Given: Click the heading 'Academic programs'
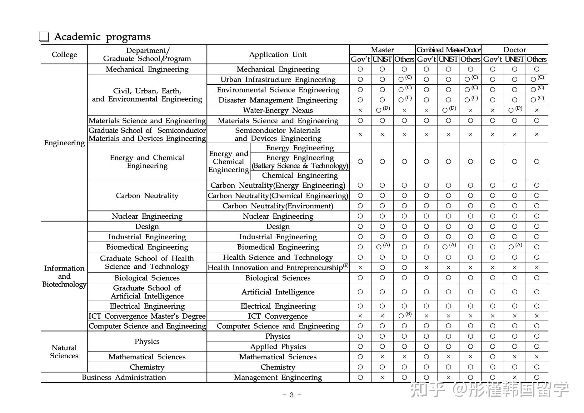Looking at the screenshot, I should click(102, 37).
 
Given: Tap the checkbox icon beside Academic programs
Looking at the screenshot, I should click(44, 37).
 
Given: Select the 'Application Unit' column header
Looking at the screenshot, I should click(278, 55).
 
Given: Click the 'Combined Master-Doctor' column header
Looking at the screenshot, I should click(448, 50).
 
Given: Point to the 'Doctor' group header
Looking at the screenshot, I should click(515, 50).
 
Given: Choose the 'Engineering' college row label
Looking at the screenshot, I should click(64, 143).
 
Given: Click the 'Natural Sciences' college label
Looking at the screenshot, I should click(64, 352).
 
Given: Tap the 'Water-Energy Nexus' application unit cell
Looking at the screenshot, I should click(278, 110).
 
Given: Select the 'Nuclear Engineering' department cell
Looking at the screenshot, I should click(147, 216).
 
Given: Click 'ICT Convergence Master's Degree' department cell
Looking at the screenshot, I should click(147, 316).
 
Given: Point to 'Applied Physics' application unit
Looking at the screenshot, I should click(278, 346).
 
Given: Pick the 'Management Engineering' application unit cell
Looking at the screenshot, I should click(278, 377).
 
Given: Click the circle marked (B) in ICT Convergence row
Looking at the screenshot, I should click(402, 316).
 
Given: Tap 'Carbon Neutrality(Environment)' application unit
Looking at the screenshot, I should click(278, 206).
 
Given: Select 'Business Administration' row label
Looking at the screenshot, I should click(124, 377).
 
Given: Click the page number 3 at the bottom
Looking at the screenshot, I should click(292, 395).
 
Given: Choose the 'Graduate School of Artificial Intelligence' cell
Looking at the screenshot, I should click(147, 292).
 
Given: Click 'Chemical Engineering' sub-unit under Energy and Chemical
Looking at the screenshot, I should click(300, 175).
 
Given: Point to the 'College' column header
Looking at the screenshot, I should click(64, 55).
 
